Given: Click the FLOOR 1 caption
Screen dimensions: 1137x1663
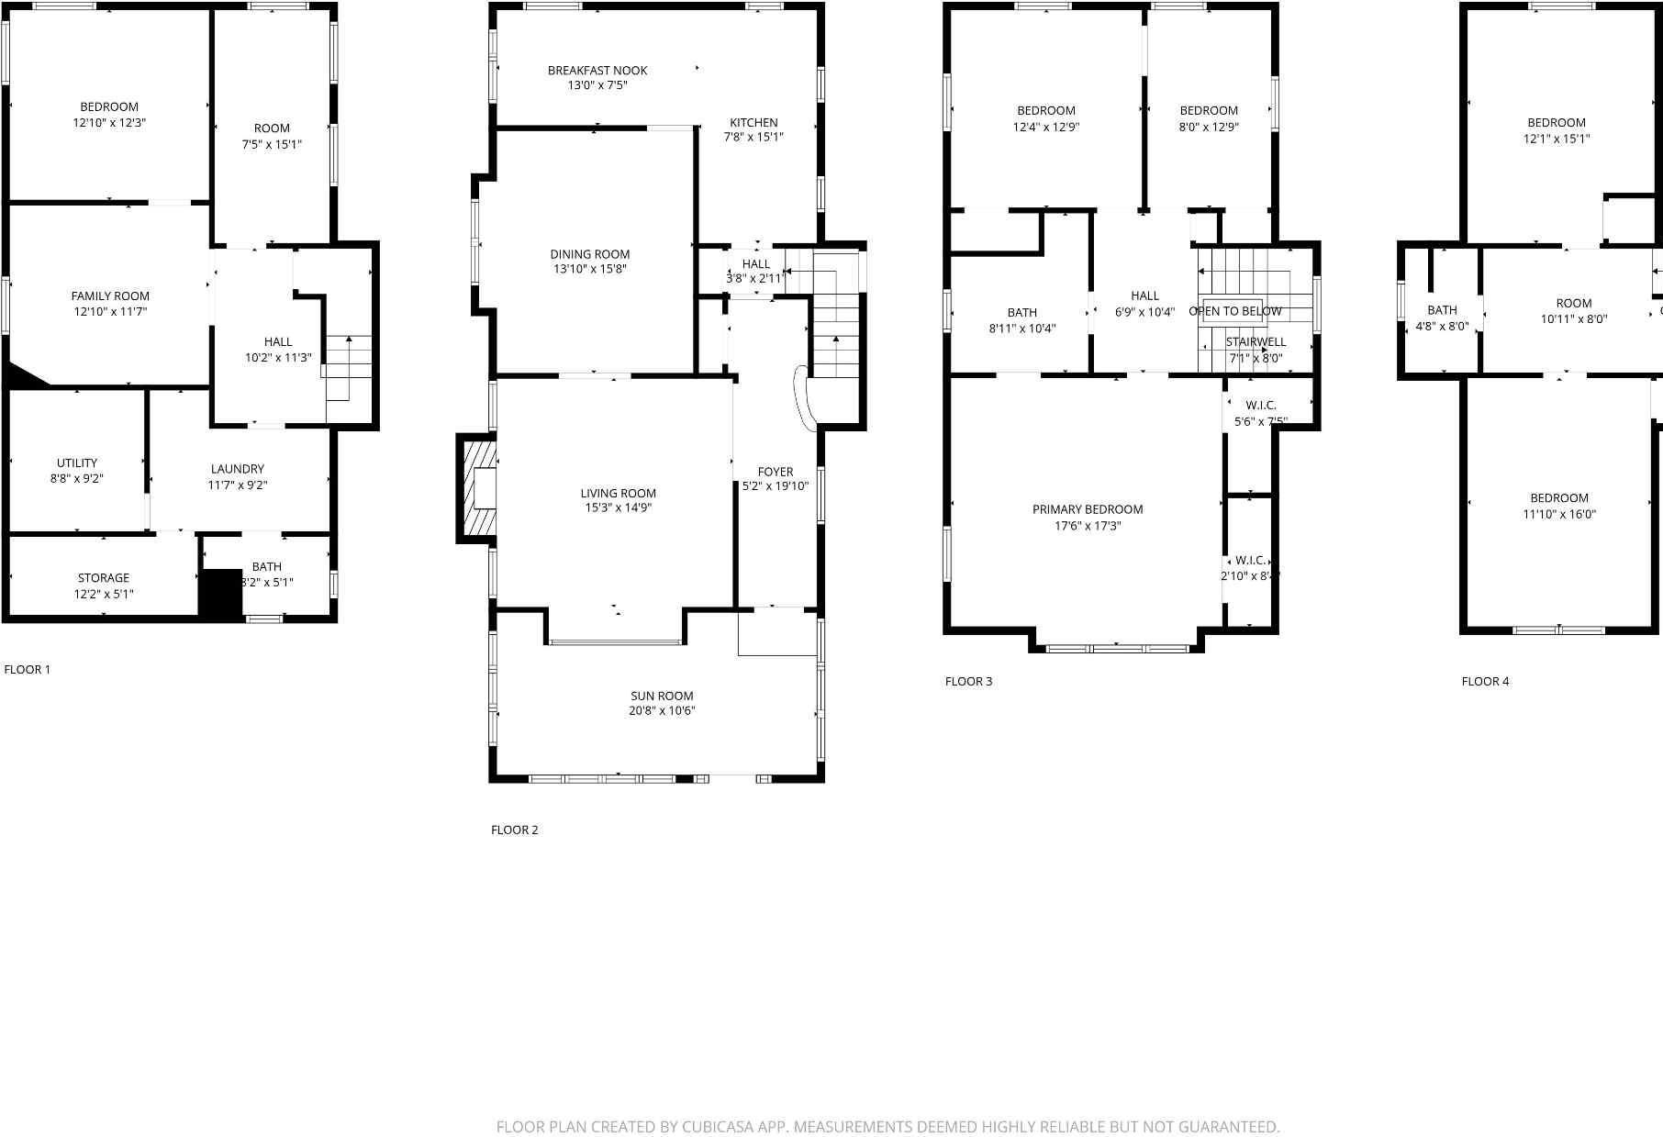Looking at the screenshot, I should coord(28,670).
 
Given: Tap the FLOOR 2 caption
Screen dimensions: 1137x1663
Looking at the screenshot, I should coord(515,830).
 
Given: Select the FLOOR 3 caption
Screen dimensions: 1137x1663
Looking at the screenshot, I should coord(969,682).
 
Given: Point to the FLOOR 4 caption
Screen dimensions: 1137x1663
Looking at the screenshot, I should coord(1485,682).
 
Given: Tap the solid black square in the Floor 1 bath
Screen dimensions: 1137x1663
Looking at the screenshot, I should coord(220,594).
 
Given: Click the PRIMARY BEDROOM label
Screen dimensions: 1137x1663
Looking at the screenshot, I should coord(1088,509).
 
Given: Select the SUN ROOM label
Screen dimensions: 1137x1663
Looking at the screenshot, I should coord(662,696).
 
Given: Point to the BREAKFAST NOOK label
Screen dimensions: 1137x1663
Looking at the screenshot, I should coord(597,71).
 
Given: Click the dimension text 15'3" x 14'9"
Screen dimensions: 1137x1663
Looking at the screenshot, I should coord(619,508).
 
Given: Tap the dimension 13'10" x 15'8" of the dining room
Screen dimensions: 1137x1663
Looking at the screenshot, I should coord(590,270).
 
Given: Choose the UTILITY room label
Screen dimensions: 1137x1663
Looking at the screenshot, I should coord(77,463).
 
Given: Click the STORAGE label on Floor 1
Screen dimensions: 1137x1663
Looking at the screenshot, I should coord(104,578).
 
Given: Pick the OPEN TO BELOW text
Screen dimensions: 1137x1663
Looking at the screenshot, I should coord(1235,311).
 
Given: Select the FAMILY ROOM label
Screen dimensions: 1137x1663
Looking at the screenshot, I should coord(110,296).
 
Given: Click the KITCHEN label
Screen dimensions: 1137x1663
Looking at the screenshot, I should coord(753,122).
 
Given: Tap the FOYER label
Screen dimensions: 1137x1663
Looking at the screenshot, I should coord(776,472).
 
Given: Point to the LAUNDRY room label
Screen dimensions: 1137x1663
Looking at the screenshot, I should coord(237,469).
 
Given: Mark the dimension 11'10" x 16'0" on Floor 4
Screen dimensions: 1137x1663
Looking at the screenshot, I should coord(1559,515).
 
